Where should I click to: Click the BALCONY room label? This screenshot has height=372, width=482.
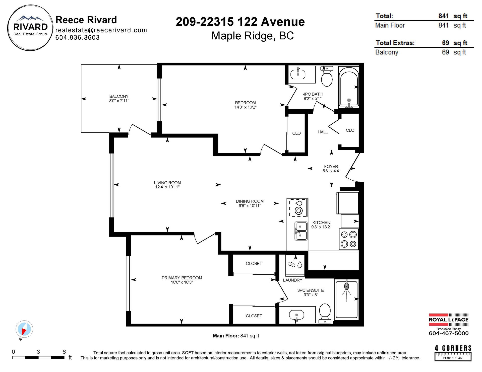click(119, 96)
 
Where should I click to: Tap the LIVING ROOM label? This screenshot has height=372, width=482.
click(167, 183)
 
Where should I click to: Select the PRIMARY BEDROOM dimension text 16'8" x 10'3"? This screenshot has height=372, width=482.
click(182, 282)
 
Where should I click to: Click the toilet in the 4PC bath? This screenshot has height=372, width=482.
click(327, 76)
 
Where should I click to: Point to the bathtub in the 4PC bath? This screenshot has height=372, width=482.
click(349, 87)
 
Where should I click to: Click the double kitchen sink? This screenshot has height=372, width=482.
click(301, 231)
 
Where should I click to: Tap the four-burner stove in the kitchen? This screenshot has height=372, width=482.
click(349, 239)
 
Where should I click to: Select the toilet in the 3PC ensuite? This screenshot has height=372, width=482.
click(325, 314)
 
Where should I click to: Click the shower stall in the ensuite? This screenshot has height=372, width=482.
click(347, 300)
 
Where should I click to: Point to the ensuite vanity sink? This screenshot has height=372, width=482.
click(296, 315)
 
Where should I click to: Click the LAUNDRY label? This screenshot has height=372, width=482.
click(292, 280)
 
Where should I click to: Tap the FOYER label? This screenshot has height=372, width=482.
click(331, 166)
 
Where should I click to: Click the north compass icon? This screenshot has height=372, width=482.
click(24, 329)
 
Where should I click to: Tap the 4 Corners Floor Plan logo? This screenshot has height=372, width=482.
click(453, 353)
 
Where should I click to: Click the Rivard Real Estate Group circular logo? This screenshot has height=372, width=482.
click(30, 28)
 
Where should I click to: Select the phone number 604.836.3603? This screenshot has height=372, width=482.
click(77, 38)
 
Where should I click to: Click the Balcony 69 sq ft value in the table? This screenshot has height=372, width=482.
click(454, 52)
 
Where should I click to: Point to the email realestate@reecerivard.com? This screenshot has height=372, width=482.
click(101, 30)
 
